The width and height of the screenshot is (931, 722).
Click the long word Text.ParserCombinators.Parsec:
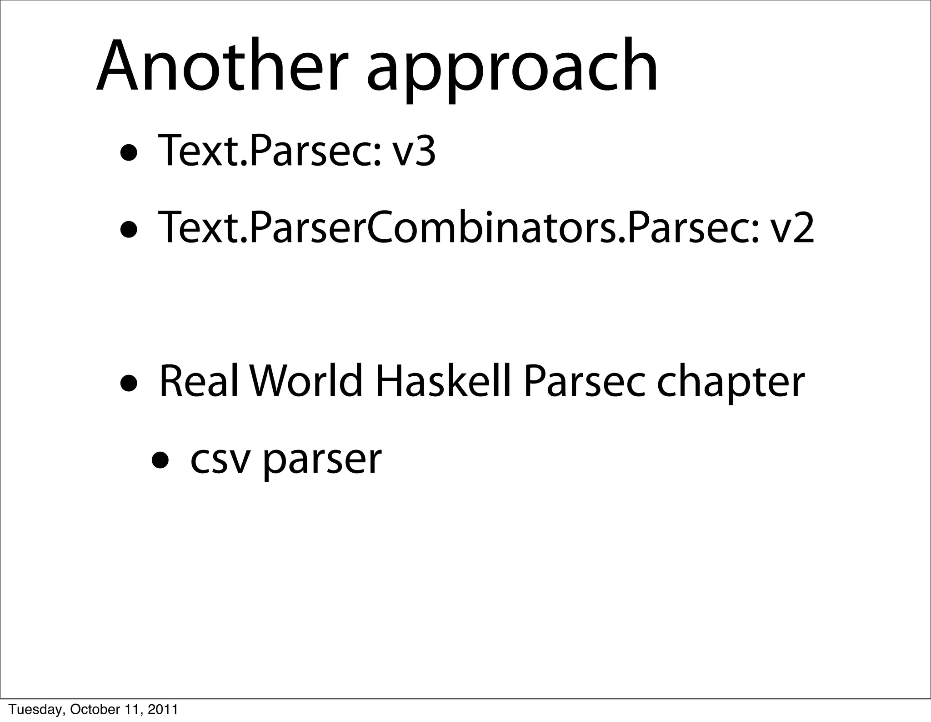tap(459, 227)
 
